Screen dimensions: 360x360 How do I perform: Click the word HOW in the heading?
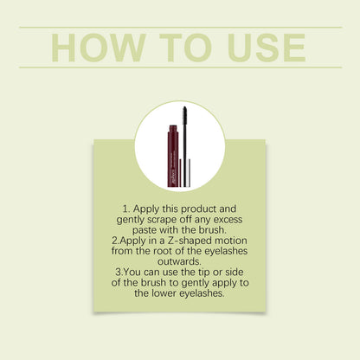tap(99, 48)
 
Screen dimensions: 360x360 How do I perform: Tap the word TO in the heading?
tap(185, 48)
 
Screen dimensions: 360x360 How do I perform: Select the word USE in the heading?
tap(267, 48)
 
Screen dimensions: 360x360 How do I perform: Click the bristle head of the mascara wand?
tap(185, 117)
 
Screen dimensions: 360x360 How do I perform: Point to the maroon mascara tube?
tap(173, 156)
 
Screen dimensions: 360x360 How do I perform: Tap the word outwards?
tap(179, 261)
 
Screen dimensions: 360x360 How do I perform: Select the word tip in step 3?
tap(204, 272)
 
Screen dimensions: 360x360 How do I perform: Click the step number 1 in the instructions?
tap(125, 209)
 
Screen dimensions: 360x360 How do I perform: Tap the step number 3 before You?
tap(119, 272)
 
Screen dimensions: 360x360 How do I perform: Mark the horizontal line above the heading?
tap(181, 28)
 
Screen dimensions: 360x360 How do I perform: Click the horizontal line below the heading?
tap(181, 67)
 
